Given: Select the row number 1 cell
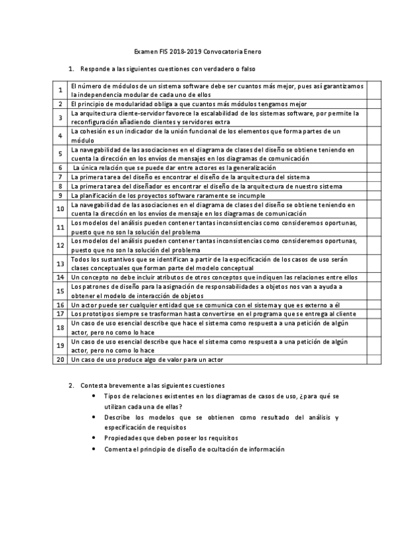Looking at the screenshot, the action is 59,90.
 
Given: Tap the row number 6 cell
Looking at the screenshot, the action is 59,167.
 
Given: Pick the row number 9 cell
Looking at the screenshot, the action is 59,195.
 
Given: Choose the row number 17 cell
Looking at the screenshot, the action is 59,314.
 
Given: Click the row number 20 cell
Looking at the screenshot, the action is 59,360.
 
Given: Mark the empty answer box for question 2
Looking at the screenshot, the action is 373,103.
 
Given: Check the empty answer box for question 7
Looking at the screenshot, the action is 373,177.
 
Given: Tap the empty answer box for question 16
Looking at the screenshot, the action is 373,305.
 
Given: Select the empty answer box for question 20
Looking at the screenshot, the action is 373,360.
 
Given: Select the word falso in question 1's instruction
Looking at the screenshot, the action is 247,69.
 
